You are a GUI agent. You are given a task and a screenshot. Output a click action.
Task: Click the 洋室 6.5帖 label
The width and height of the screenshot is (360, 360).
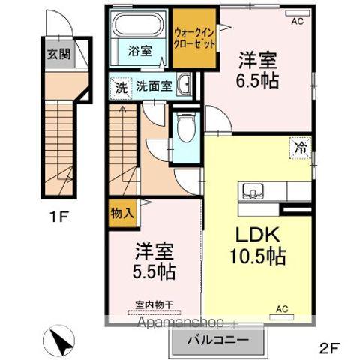[x=259, y=69]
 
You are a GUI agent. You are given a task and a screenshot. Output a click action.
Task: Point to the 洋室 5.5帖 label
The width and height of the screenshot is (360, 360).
[x=155, y=262]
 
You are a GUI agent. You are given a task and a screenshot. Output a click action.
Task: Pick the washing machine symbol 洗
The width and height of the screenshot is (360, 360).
[x=121, y=86]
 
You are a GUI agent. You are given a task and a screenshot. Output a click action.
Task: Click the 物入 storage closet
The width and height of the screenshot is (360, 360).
[x=122, y=213]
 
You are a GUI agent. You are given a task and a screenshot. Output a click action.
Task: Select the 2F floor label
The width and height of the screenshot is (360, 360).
[x=331, y=347]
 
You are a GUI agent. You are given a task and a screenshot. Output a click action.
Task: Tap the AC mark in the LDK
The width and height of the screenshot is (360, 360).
[x=283, y=308]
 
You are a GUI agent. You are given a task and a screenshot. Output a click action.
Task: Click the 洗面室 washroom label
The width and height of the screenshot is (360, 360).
[x=153, y=85]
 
